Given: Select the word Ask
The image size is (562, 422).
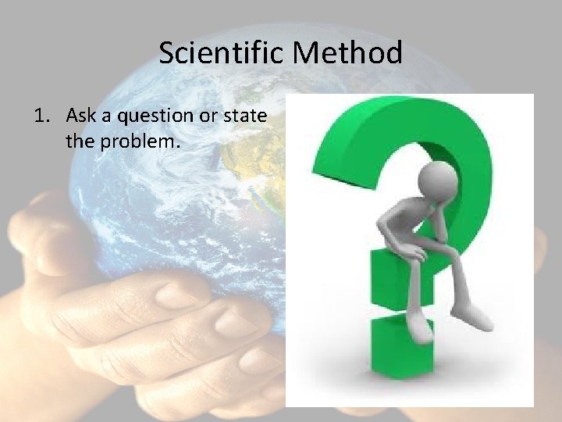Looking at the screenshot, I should pos(81,116).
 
